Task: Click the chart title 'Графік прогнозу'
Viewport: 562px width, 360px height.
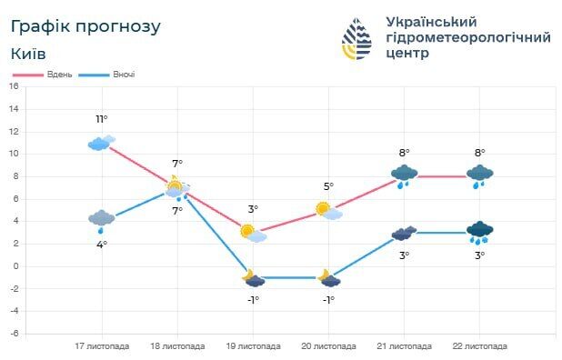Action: coord(86,26)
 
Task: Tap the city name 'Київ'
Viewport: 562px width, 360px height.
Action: coord(30,54)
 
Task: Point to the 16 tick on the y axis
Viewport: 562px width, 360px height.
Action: coord(14,86)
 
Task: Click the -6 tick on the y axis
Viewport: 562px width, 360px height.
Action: coord(14,334)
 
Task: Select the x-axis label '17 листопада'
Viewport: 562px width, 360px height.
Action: coord(101,346)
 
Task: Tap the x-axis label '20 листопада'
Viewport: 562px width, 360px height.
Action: coord(328,346)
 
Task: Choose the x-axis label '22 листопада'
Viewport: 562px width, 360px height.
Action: coord(479,346)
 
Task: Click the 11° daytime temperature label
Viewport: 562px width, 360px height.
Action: coord(102,119)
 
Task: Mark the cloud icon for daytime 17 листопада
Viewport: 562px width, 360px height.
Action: coord(101,143)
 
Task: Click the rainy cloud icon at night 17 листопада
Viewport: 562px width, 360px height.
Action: coord(101,219)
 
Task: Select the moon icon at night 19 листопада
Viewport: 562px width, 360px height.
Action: coord(253,277)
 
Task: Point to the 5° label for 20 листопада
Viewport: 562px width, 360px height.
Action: coord(328,186)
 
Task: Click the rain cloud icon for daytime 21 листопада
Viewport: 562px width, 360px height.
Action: coord(404,175)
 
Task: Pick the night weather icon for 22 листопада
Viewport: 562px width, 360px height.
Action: coord(479,233)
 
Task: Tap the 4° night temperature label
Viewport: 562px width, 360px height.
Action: coord(102,244)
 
